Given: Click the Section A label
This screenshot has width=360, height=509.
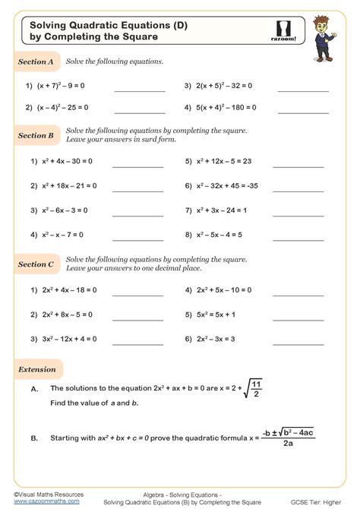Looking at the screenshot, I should tap(36, 62).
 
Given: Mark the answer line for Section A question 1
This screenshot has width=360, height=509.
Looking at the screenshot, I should tap(139, 91).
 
